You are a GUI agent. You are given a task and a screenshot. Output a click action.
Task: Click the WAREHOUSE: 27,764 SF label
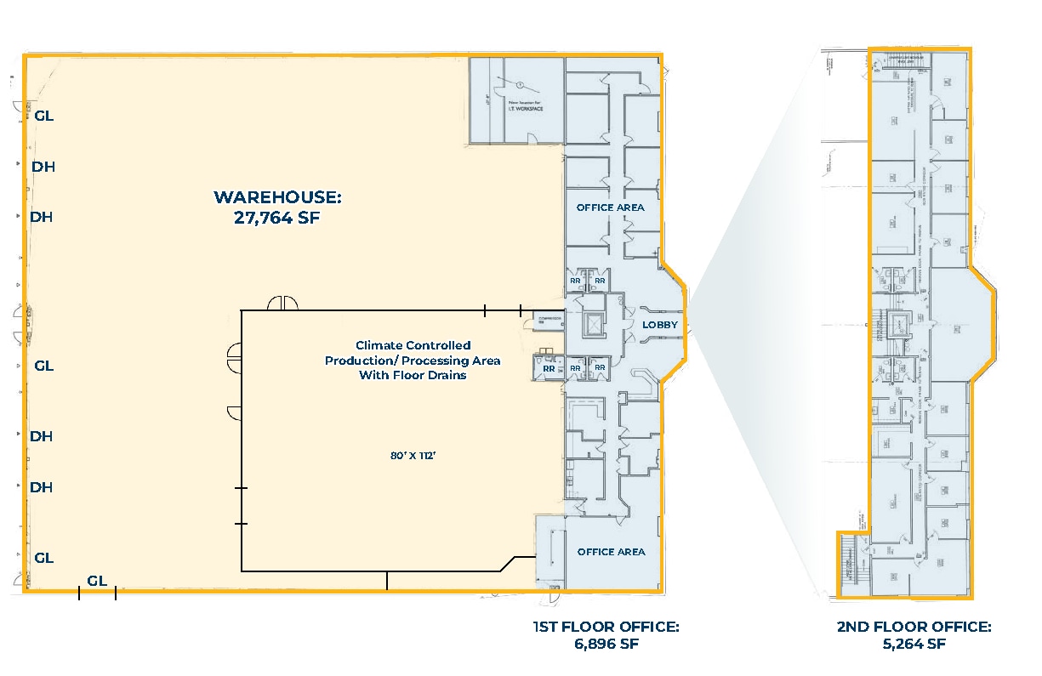pyautogui.click(x=276, y=207)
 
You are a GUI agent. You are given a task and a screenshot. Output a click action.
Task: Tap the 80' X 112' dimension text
pyautogui.click(x=413, y=456)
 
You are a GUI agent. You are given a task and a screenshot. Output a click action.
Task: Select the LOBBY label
pyautogui.click(x=659, y=325)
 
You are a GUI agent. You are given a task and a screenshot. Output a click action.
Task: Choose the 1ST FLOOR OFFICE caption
pyautogui.click(x=606, y=628)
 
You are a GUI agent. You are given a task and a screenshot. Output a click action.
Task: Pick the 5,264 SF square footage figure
pyautogui.click(x=914, y=644)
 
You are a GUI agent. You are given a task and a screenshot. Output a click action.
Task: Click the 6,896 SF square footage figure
pyautogui.click(x=606, y=644)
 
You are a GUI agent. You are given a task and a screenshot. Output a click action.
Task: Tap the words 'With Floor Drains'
pyautogui.click(x=413, y=375)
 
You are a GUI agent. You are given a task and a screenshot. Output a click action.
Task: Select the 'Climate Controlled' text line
pyautogui.click(x=413, y=345)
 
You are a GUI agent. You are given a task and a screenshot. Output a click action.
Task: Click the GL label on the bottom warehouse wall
pyautogui.click(x=97, y=581)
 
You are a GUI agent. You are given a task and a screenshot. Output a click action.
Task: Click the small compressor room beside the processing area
pyautogui.click(x=548, y=320)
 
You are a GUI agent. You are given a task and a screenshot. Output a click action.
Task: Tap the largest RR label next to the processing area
pyautogui.click(x=549, y=369)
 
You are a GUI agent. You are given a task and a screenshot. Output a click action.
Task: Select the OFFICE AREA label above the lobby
pyautogui.click(x=610, y=207)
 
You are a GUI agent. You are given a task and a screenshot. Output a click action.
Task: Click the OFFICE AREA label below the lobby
pyautogui.click(x=611, y=552)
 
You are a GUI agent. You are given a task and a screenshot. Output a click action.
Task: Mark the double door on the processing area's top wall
pyautogui.click(x=282, y=303)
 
